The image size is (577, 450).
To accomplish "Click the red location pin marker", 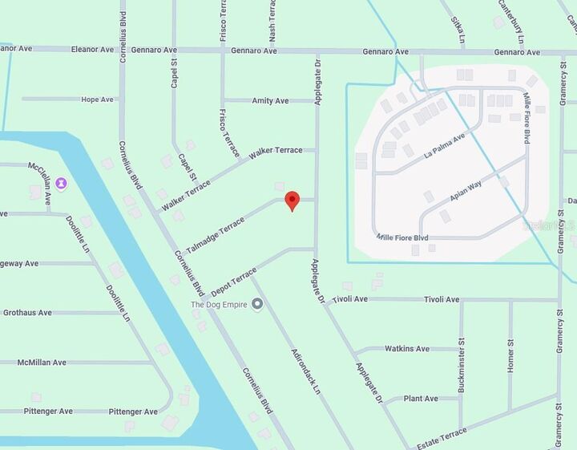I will pos(293,200).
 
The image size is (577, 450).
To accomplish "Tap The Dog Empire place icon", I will pos(257,304).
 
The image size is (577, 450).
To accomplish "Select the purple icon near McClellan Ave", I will pos(62,184).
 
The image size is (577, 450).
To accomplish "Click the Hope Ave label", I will pos(97,99).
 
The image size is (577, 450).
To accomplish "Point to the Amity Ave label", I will pos(270,101).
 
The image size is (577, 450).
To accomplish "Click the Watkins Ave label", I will pos(407,349).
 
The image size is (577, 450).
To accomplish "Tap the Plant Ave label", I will pos(421,399).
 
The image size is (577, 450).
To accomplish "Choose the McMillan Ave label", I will pos(42,363).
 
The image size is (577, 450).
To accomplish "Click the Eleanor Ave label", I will pos(92,50).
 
